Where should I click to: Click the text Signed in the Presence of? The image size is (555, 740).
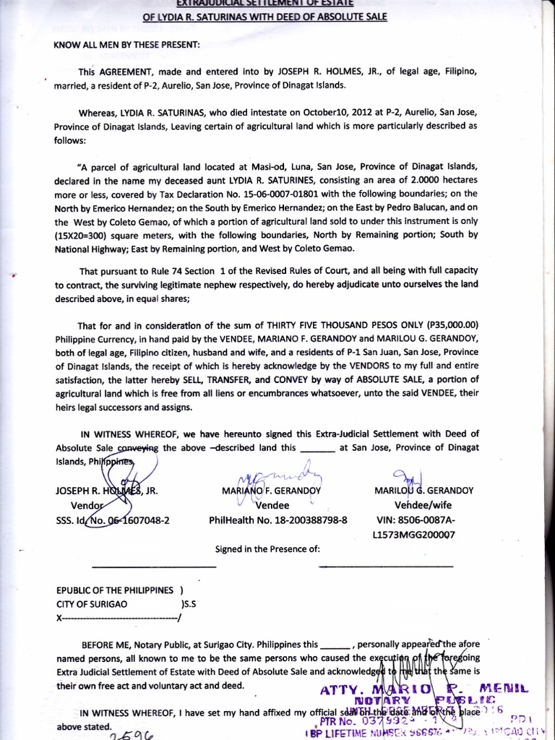(x=267, y=549)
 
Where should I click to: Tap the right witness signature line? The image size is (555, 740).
(x=386, y=567)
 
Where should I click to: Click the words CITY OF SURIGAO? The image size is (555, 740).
(x=92, y=603)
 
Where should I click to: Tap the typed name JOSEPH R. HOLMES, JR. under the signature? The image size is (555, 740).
(x=107, y=490)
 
